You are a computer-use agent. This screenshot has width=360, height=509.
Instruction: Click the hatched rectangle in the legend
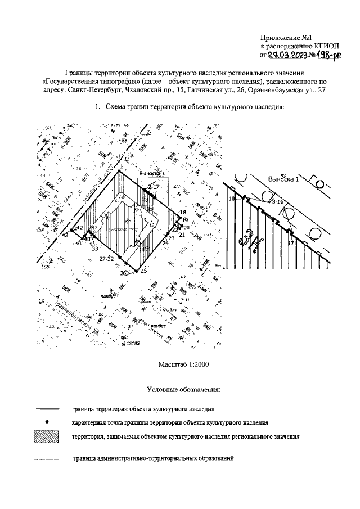click(48, 436)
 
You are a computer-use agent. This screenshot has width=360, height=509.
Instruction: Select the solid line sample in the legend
click(48, 409)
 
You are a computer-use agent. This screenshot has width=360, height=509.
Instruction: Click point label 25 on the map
click(143, 271)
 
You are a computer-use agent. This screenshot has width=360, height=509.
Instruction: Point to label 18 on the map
click(182, 212)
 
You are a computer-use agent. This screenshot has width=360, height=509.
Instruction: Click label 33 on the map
click(95, 248)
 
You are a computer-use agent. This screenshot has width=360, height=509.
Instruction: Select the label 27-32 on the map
click(106, 258)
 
